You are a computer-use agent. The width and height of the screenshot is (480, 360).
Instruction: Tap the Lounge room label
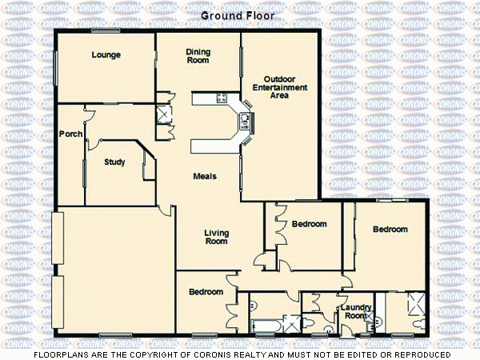click(x=106, y=55)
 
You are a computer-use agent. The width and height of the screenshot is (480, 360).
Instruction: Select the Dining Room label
click(x=198, y=55)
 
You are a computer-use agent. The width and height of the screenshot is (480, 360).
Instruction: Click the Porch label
click(x=70, y=134)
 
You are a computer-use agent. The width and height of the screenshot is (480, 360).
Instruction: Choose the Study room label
click(x=114, y=162)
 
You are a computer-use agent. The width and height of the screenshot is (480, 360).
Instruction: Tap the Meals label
click(x=205, y=176)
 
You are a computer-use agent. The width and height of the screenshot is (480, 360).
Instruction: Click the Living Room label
click(x=217, y=237)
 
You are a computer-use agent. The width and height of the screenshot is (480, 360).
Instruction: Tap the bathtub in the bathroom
click(x=263, y=324)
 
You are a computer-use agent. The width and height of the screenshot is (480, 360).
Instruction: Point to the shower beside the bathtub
click(x=292, y=320)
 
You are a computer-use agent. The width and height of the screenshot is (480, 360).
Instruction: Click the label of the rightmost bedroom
click(x=390, y=230)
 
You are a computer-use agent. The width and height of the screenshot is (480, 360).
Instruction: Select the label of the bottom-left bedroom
click(x=206, y=292)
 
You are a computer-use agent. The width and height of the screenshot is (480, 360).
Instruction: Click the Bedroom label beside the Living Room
click(x=309, y=224)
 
